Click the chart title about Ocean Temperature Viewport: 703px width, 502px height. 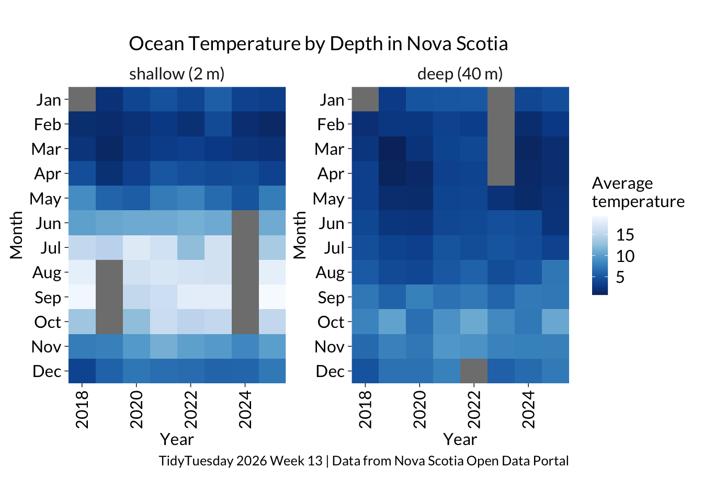(x=318, y=44)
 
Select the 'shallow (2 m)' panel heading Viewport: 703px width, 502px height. (x=177, y=74)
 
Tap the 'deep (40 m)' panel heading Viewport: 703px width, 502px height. (x=460, y=74)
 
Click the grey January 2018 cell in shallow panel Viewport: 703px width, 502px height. (x=82, y=99)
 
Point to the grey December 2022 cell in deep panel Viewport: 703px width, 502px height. (x=473, y=371)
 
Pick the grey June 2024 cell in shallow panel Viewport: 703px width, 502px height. (x=245, y=223)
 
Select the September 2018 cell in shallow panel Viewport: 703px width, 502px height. (x=82, y=297)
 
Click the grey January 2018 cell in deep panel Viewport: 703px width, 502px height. (x=365, y=99)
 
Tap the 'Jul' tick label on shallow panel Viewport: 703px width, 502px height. (x=51, y=248)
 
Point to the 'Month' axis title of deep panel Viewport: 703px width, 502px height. (x=300, y=235)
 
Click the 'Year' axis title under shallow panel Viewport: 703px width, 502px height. (x=177, y=439)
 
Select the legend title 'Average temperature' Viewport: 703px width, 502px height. (x=638, y=192)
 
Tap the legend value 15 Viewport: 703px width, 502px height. (x=625, y=235)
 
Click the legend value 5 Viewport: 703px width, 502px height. (x=620, y=277)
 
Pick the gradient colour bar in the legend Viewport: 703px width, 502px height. (x=600, y=256)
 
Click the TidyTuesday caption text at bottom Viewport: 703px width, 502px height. (x=364, y=461)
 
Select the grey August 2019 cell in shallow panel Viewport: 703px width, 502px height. (x=109, y=272)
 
